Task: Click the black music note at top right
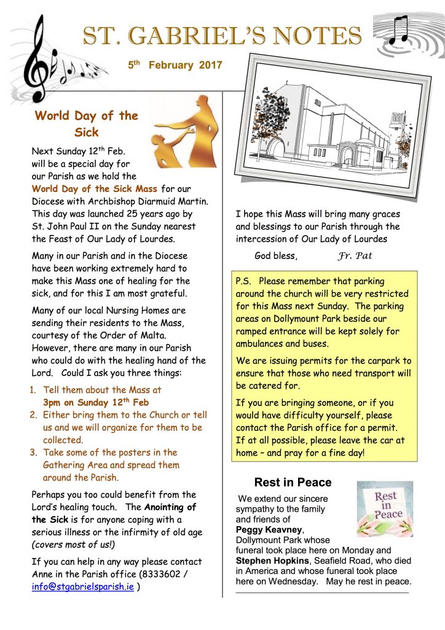400,30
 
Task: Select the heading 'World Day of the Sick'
87,123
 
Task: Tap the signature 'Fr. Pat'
355,256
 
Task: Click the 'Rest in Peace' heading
293,482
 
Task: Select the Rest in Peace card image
384,509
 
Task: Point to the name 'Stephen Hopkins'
268,560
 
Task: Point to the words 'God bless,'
275,255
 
